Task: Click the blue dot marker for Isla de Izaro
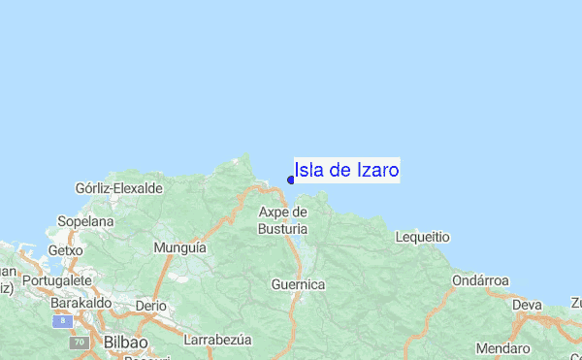click(291, 179)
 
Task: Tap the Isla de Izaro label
click(346, 171)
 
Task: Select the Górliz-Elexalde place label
click(118, 187)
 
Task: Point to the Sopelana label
click(86, 221)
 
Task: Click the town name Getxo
click(66, 249)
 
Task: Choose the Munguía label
click(180, 248)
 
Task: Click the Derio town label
click(151, 305)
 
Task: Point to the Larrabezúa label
click(217, 341)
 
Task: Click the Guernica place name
click(298, 284)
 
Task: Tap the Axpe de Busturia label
click(282, 220)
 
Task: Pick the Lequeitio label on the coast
click(423, 237)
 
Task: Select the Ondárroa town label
click(480, 280)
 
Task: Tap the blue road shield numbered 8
click(63, 319)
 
